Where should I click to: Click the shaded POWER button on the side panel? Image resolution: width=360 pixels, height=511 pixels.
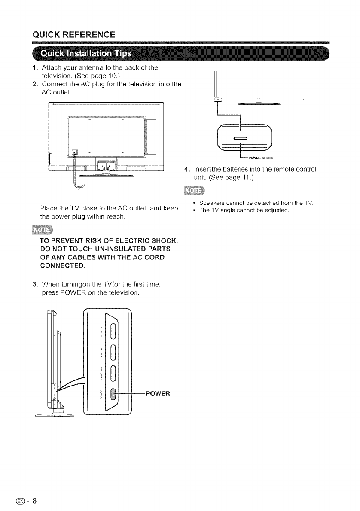pyautogui.click(x=114, y=394)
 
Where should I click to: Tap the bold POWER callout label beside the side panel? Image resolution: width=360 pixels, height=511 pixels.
pyautogui.click(x=158, y=393)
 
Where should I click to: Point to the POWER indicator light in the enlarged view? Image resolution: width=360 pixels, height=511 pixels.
pyautogui.click(x=240, y=138)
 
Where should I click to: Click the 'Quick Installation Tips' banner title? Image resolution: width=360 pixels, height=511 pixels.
pyautogui.click(x=86, y=55)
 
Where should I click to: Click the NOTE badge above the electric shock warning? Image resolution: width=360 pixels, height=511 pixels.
pyautogui.click(x=43, y=231)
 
